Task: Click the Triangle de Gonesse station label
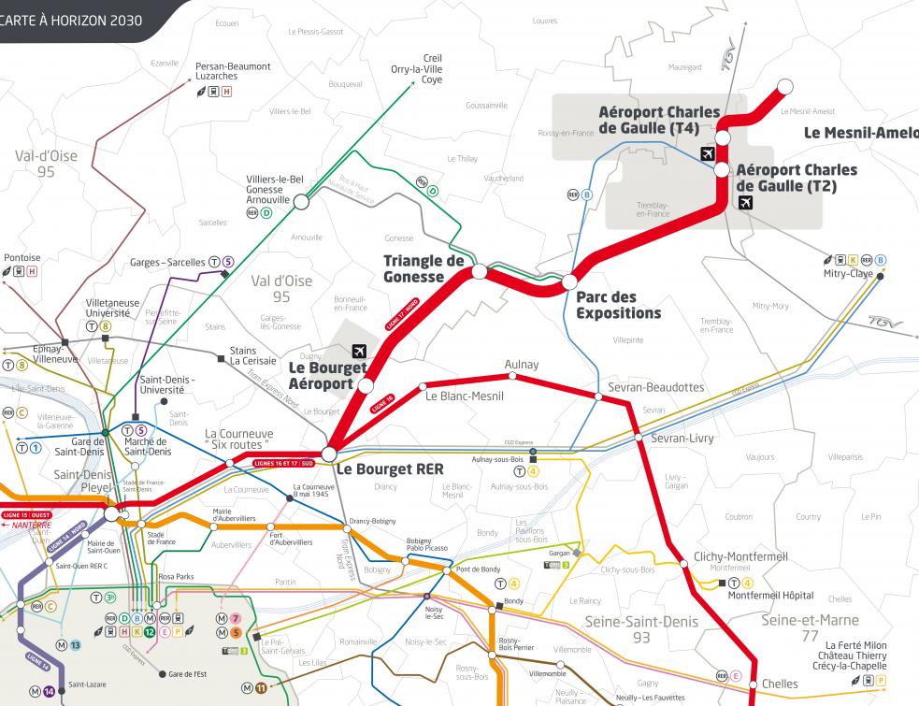(424, 268)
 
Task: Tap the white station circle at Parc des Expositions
(569, 281)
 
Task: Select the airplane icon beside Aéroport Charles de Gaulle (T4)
(707, 153)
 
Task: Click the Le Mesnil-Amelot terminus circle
(784, 86)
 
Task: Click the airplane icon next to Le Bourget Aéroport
(357, 351)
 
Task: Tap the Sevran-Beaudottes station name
(654, 387)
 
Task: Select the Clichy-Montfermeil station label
(740, 556)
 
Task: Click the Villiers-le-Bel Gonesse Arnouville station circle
(301, 201)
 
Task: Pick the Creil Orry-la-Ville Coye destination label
(419, 68)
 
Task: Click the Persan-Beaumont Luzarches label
(233, 71)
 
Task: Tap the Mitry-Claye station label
(848, 274)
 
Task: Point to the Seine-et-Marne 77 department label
(810, 628)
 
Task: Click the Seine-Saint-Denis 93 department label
(640, 628)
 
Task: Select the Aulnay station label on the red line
(521, 364)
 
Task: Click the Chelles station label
(780, 684)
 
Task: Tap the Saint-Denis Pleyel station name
(83, 481)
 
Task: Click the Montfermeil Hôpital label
(770, 596)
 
